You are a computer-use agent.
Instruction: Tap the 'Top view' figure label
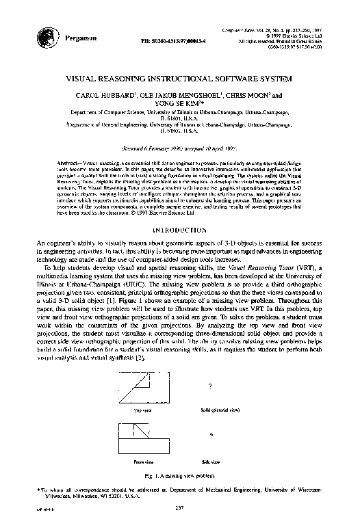pyautogui.click(x=142, y=410)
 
